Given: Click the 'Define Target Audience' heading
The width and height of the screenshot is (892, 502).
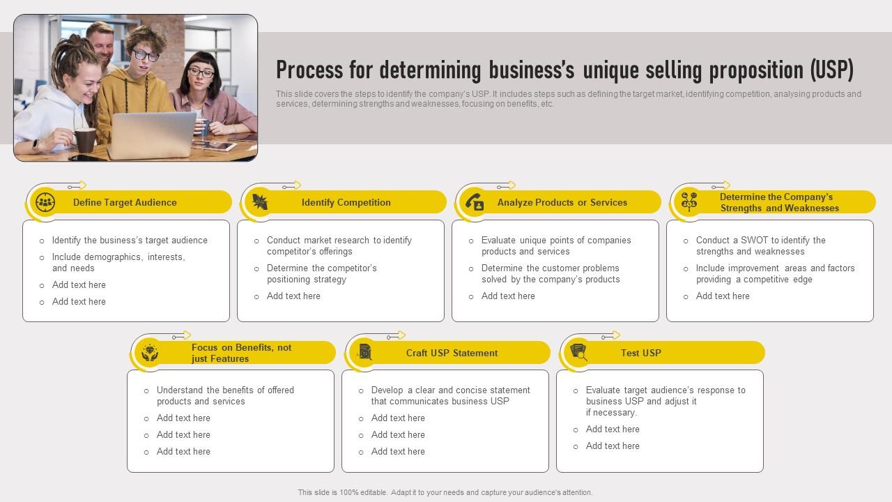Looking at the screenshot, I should (125, 202).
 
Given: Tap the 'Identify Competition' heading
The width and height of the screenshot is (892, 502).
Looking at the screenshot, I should (346, 202).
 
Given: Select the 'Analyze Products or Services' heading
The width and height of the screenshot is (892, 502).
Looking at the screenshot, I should (562, 202).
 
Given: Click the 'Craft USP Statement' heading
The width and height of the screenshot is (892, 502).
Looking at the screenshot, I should (452, 353).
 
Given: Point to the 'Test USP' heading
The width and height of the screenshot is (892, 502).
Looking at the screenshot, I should (640, 353).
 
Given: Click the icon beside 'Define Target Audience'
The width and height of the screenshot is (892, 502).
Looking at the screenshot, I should (45, 202).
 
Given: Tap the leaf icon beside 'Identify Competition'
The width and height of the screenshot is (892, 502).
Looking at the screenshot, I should (260, 202).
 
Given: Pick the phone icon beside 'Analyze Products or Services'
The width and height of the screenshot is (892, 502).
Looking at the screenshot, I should (475, 202).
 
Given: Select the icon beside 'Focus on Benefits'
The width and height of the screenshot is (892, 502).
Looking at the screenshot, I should (150, 353).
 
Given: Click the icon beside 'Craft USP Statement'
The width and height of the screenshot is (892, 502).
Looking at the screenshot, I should (364, 353).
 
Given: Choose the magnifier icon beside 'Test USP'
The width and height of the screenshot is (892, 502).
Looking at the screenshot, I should (579, 353).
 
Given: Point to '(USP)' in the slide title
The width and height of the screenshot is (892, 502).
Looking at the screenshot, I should (831, 70).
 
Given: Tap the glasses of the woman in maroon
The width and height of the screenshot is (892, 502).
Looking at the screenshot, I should (201, 73).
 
